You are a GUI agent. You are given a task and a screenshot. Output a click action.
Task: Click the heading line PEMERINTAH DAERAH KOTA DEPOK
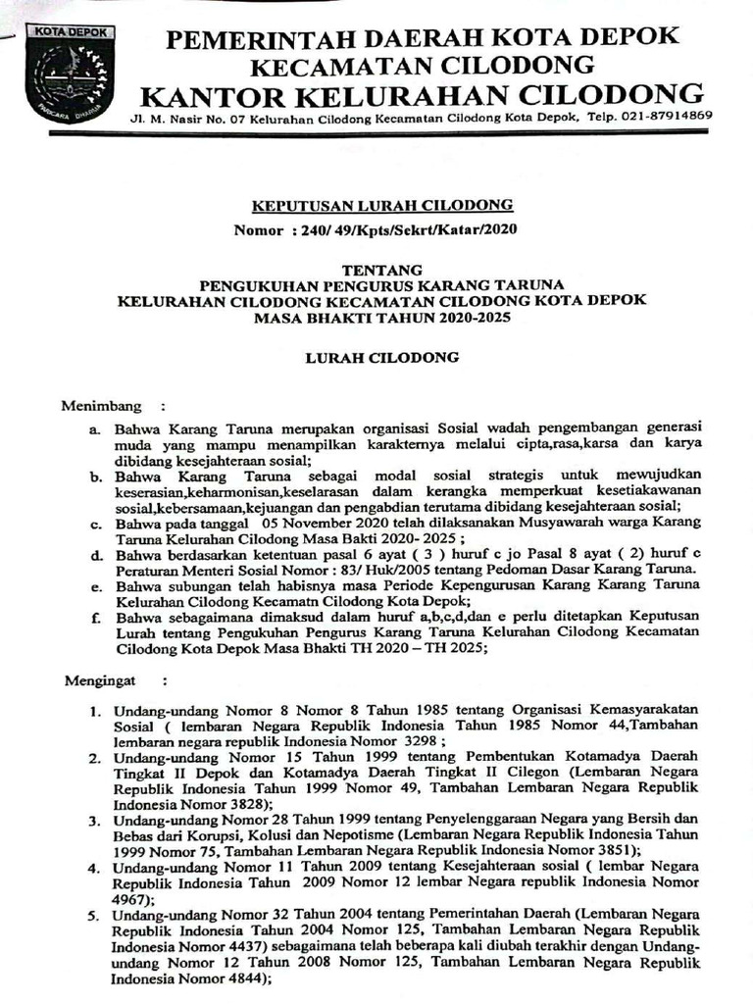click(x=422, y=39)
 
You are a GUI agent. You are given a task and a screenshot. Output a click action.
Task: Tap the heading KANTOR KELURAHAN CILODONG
click(x=422, y=95)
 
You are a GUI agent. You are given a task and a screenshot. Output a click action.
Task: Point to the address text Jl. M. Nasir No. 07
click(x=186, y=117)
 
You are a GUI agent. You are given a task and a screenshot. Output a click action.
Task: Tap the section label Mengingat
click(x=103, y=678)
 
